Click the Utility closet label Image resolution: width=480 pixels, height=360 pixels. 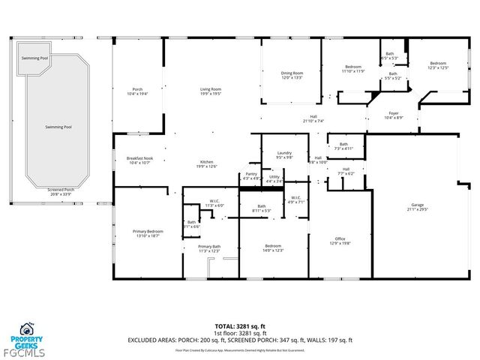274,178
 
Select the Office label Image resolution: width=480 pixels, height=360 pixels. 340,240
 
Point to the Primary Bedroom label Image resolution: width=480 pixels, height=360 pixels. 148,233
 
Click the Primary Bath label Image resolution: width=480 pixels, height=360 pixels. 209,248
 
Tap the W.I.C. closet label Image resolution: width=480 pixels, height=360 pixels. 214,203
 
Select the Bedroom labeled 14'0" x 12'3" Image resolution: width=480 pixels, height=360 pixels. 273,248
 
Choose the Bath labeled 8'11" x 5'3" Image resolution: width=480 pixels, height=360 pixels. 262,208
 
